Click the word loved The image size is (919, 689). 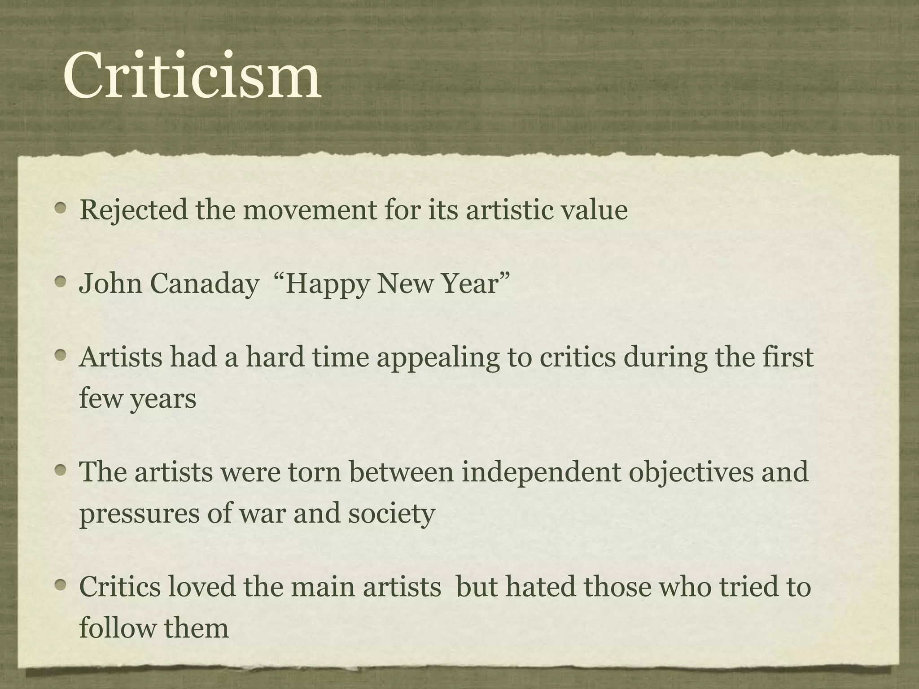click(x=201, y=587)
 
